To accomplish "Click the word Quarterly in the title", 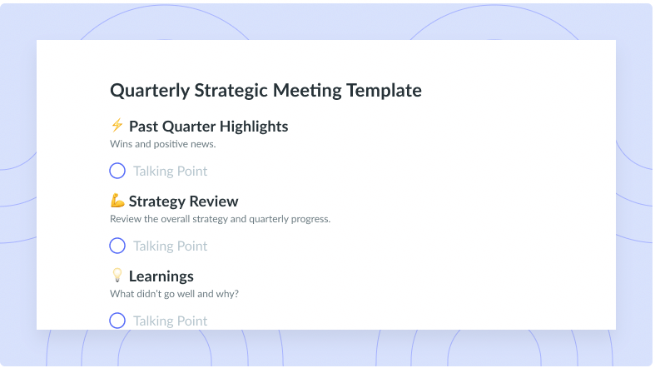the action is [150, 91].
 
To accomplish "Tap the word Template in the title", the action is [384, 91].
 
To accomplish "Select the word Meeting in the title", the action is [307, 91].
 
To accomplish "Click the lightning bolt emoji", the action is [117, 125].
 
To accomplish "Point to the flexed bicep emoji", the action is [117, 201].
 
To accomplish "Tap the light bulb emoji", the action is [117, 276].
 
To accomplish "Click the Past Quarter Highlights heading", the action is [208, 127].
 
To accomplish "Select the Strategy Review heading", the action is [183, 201].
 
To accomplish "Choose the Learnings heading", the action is [161, 276].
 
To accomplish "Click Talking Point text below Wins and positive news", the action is [171, 172].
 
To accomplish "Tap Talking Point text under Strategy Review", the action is [171, 246].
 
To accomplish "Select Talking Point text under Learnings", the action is [171, 321].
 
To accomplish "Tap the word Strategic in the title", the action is [231, 91].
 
